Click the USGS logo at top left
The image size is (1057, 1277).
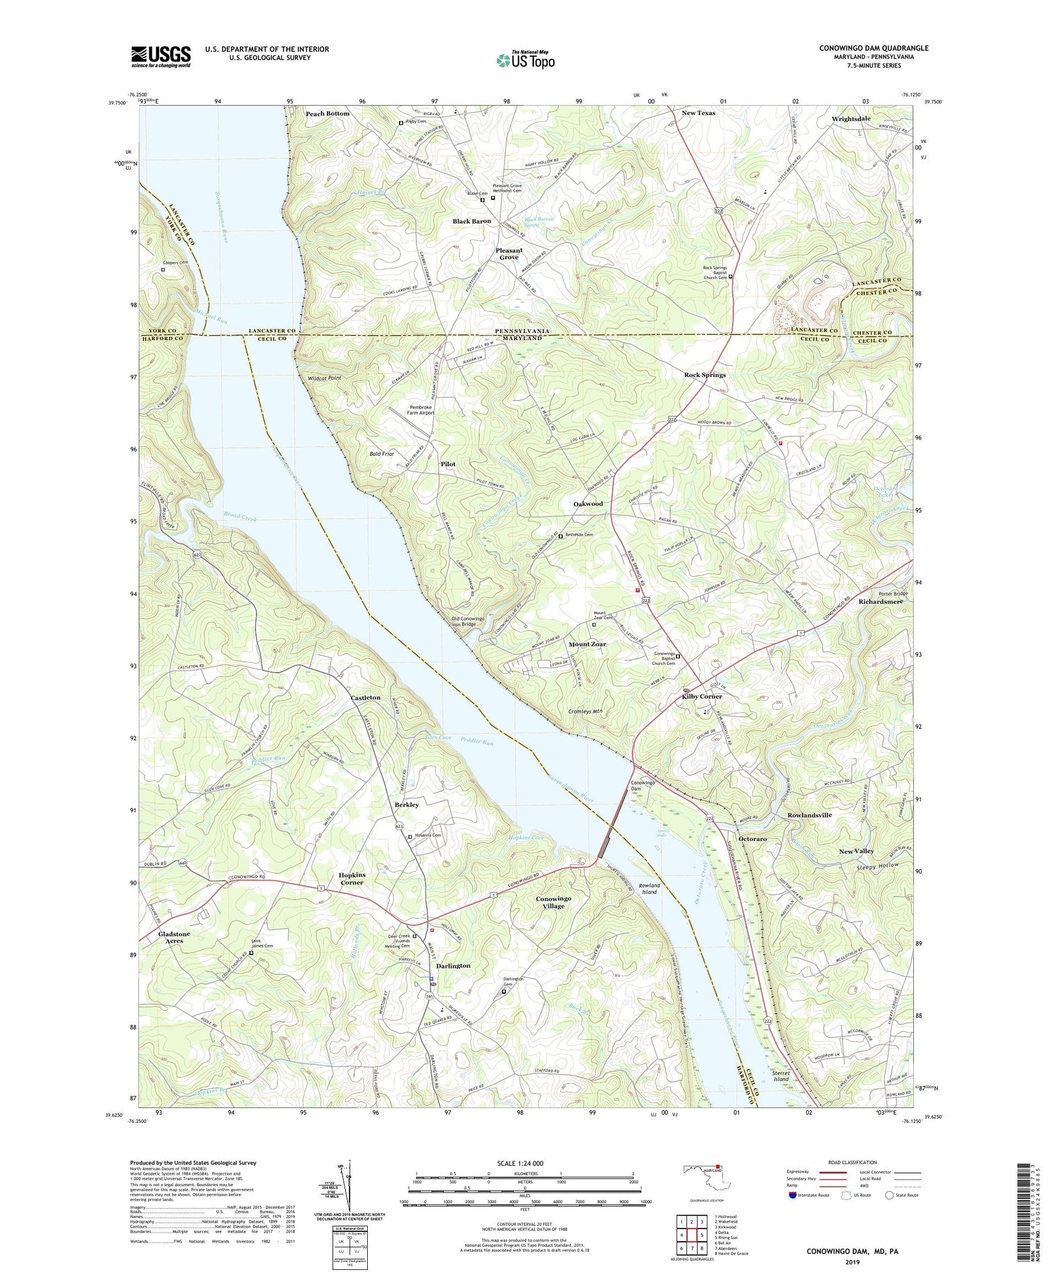pos(161,56)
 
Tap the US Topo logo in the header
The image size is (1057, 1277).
pos(525,60)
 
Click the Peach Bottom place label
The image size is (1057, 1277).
pos(327,113)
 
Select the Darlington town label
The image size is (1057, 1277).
pos(453,966)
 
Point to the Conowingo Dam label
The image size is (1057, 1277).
pos(642,786)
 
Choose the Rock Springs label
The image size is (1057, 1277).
pos(705,375)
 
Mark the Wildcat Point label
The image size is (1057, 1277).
pos(324,378)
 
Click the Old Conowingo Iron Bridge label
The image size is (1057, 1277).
pos(477,622)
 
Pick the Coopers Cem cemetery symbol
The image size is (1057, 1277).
pos(163,269)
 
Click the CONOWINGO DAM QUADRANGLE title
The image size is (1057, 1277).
pos(873,48)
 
